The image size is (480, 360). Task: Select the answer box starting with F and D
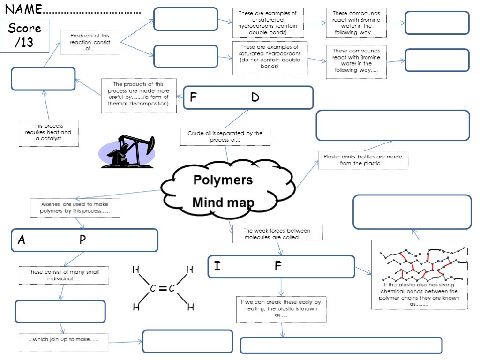coord(248,97)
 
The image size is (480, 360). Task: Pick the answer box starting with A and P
coord(84,240)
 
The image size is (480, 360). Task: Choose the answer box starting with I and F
coord(281,267)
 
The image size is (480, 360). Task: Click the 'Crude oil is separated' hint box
coord(225,137)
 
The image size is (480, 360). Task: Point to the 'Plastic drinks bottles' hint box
coord(363,160)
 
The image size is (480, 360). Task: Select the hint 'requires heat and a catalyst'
coord(49,133)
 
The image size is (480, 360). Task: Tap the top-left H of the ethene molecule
coord(136,270)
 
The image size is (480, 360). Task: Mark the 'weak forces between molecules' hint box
coord(277,234)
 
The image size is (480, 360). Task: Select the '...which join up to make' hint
coord(63,342)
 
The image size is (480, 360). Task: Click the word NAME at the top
coord(24,8)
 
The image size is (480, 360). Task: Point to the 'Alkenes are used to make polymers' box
coord(75,208)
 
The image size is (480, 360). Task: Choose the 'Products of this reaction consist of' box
coord(90,42)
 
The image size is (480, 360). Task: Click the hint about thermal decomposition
coord(138,96)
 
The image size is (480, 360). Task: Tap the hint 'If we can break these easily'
coord(281,309)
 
